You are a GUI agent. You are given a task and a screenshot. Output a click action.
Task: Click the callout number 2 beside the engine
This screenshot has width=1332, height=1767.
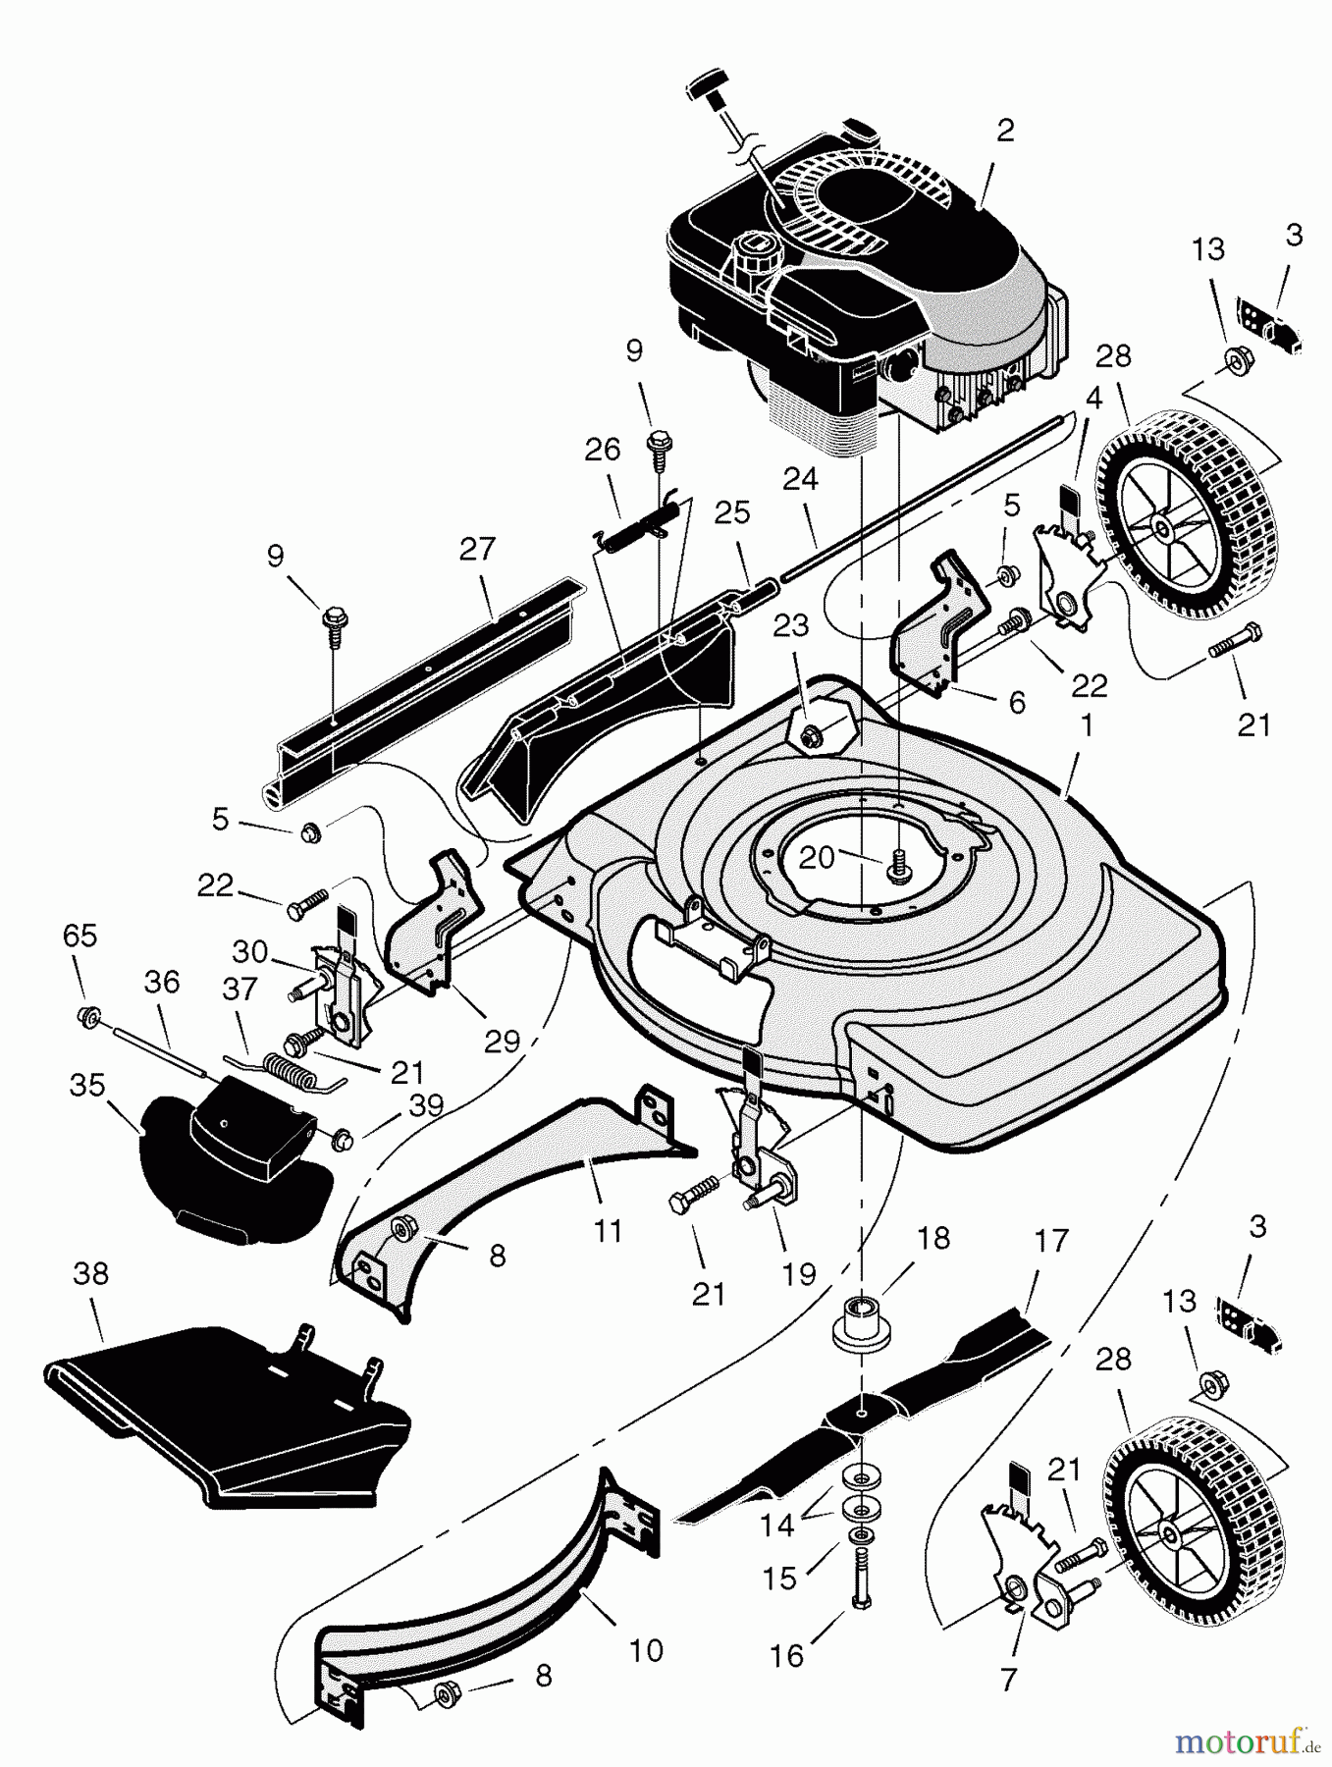pyautogui.click(x=1004, y=131)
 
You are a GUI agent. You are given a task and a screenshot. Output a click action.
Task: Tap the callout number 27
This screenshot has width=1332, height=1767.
pyautogui.click(x=477, y=549)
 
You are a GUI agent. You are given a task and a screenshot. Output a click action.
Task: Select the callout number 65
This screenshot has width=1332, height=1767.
pyautogui.click(x=80, y=936)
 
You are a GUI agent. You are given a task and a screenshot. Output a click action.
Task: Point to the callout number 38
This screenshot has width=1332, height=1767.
pyautogui.click(x=91, y=1274)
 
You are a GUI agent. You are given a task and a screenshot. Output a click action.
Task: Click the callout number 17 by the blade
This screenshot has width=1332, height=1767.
pyautogui.click(x=1050, y=1241)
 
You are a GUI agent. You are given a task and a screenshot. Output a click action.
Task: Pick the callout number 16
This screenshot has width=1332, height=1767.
pyautogui.click(x=787, y=1655)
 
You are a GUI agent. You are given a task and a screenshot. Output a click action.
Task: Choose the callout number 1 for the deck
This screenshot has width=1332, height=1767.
pyautogui.click(x=1086, y=726)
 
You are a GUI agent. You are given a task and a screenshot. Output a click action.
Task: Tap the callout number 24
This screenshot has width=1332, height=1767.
pyautogui.click(x=800, y=479)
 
